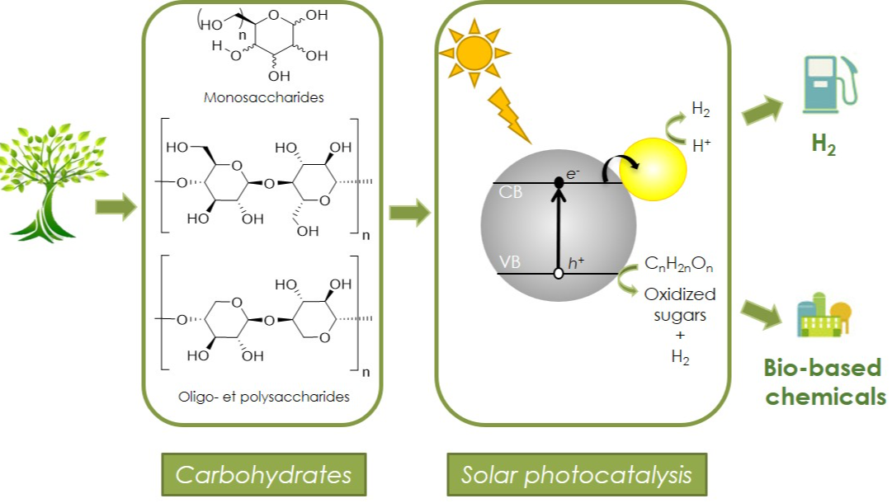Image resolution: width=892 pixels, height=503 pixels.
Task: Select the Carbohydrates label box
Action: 263,475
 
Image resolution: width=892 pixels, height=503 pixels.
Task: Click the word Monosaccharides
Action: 263,97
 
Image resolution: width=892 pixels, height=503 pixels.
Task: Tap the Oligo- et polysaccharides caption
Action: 264,397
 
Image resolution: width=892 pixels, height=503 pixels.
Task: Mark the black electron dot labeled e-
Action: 559,182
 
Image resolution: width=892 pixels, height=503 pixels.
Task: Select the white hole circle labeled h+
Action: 559,273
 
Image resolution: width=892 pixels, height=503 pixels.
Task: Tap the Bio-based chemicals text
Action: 824,382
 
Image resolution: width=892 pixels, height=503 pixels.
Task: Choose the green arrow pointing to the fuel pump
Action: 764,110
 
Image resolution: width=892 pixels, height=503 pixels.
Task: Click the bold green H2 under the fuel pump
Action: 823,144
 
